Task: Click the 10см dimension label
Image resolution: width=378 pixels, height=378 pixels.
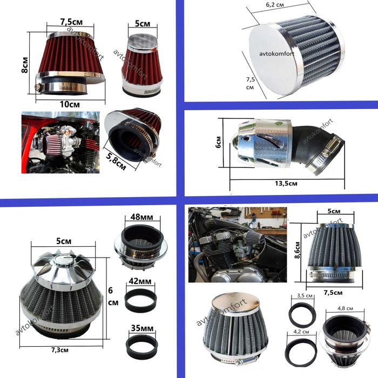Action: pos(70,104)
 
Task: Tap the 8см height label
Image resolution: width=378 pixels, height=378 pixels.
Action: pos(25,65)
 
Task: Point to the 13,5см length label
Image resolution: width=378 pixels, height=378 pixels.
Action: pos(286,184)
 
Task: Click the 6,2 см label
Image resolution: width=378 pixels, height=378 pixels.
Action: pos(275,4)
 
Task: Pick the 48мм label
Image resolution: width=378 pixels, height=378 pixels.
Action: pos(141,217)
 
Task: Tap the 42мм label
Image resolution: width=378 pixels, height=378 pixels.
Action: pos(140,281)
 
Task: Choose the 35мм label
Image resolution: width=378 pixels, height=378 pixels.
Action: pos(142,328)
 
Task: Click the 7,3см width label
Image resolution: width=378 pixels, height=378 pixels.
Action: pos(60,350)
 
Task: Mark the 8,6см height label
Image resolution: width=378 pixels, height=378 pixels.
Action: pos(298,250)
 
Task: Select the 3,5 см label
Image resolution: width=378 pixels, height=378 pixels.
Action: pos(305,295)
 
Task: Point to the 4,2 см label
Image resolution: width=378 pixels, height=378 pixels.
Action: pos(301,332)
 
